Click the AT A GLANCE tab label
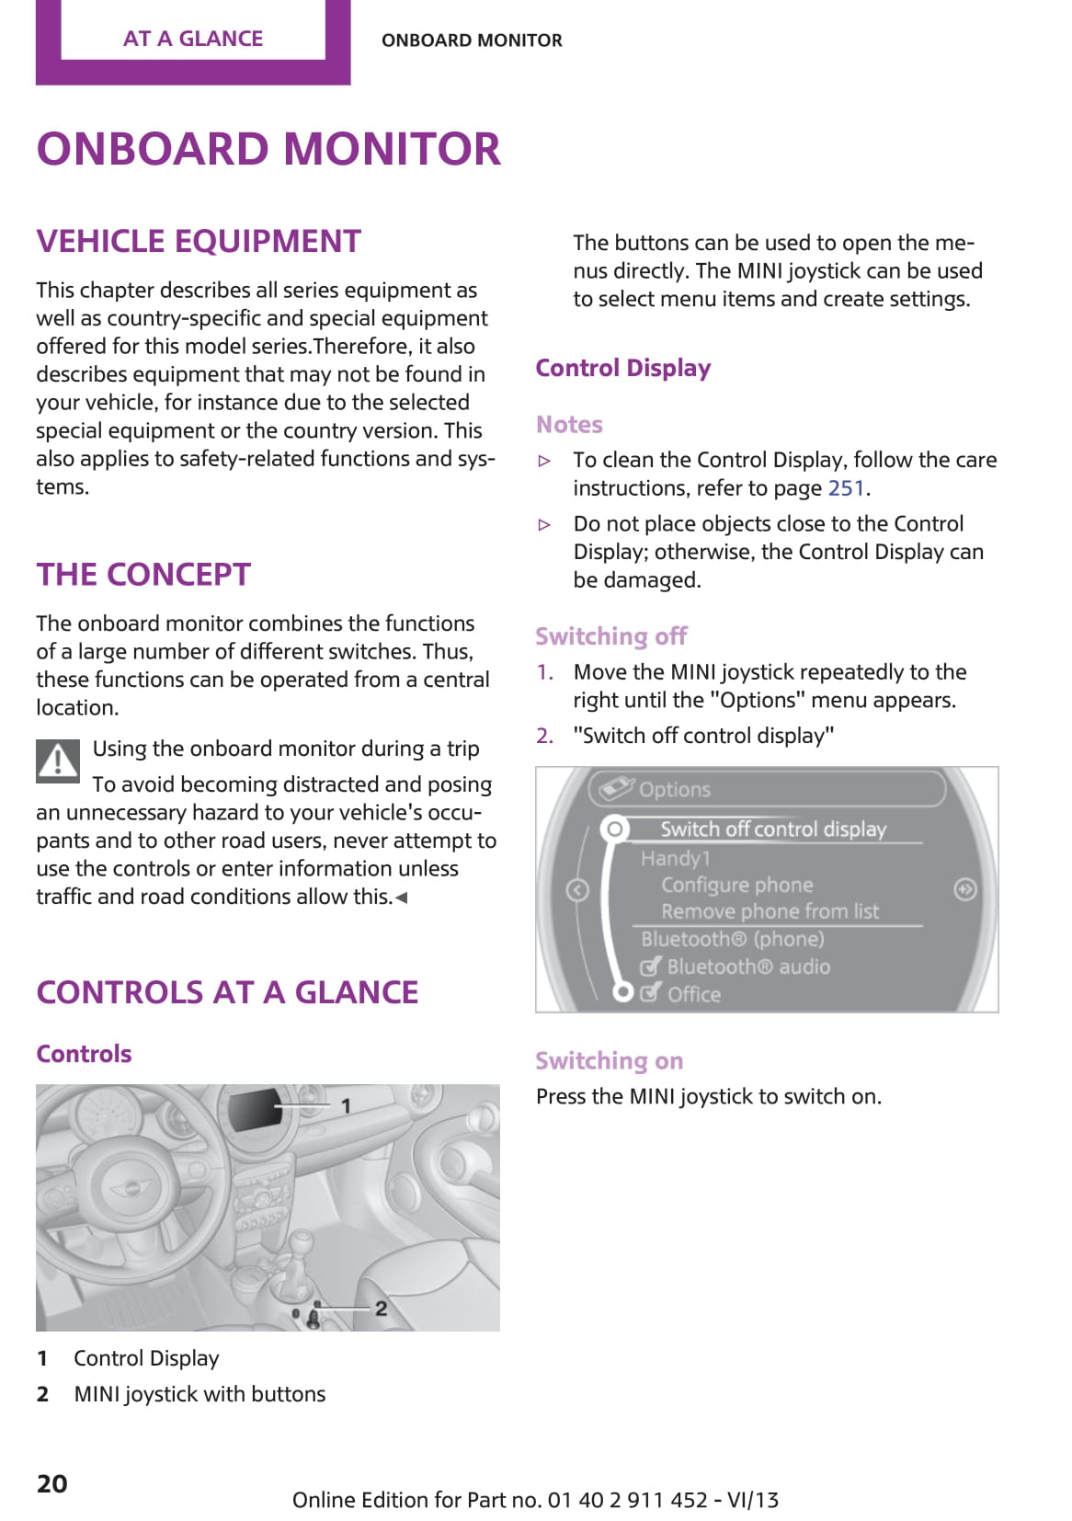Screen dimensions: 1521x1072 193,39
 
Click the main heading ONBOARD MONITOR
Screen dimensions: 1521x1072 268,149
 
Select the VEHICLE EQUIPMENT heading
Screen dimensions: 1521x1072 199,241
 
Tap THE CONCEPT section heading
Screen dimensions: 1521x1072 143,575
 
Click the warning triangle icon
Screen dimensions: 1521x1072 58,760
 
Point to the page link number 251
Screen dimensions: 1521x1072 846,488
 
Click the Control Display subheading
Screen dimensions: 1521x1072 622,368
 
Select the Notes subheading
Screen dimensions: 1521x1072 569,425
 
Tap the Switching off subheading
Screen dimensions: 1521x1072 611,636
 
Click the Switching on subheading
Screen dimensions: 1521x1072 609,1061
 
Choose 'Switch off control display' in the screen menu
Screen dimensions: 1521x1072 772,829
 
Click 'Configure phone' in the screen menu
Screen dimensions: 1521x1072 736,885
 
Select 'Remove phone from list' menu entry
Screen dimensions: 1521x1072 770,911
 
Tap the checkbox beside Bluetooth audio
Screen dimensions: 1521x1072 650,966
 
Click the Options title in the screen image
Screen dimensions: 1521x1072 674,790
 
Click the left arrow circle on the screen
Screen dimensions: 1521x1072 577,890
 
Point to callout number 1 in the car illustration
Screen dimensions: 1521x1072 346,1105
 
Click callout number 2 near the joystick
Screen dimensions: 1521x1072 381,1308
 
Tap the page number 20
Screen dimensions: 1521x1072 52,1483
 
